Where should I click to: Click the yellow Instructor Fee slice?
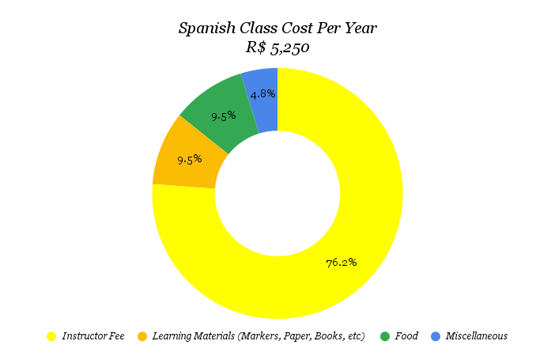tap(348, 237)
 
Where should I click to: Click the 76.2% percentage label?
tap(342, 262)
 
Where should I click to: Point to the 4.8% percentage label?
tap(262, 93)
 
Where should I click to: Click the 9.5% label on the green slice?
tap(223, 116)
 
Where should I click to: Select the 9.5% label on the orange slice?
tap(189, 159)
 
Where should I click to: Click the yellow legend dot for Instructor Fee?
tap(52, 336)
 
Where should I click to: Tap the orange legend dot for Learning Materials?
tap(142, 336)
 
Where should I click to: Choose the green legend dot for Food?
tap(385, 336)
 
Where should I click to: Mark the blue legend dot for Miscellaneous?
tap(436, 336)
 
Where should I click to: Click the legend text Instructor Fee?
tap(93, 336)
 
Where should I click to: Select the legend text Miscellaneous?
tap(476, 336)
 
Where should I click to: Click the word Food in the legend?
tap(406, 336)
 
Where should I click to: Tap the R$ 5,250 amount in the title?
tap(277, 47)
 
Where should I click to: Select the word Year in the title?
tap(360, 29)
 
